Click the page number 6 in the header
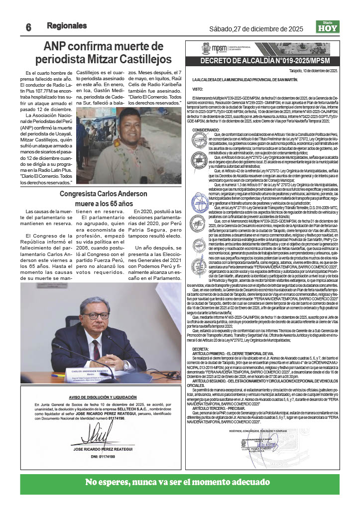(x=28, y=28)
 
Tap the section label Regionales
(x=67, y=25)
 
